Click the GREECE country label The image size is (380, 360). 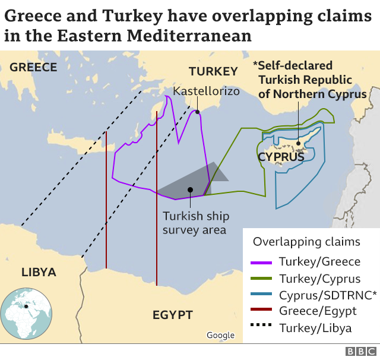33,67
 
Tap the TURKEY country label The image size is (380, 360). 213,72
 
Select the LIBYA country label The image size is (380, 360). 39,273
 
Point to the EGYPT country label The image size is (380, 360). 173,314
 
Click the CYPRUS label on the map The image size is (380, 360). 281,157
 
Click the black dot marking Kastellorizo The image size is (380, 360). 197,111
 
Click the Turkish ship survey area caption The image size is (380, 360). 195,223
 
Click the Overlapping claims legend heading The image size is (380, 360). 306,242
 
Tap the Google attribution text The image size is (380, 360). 220,336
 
